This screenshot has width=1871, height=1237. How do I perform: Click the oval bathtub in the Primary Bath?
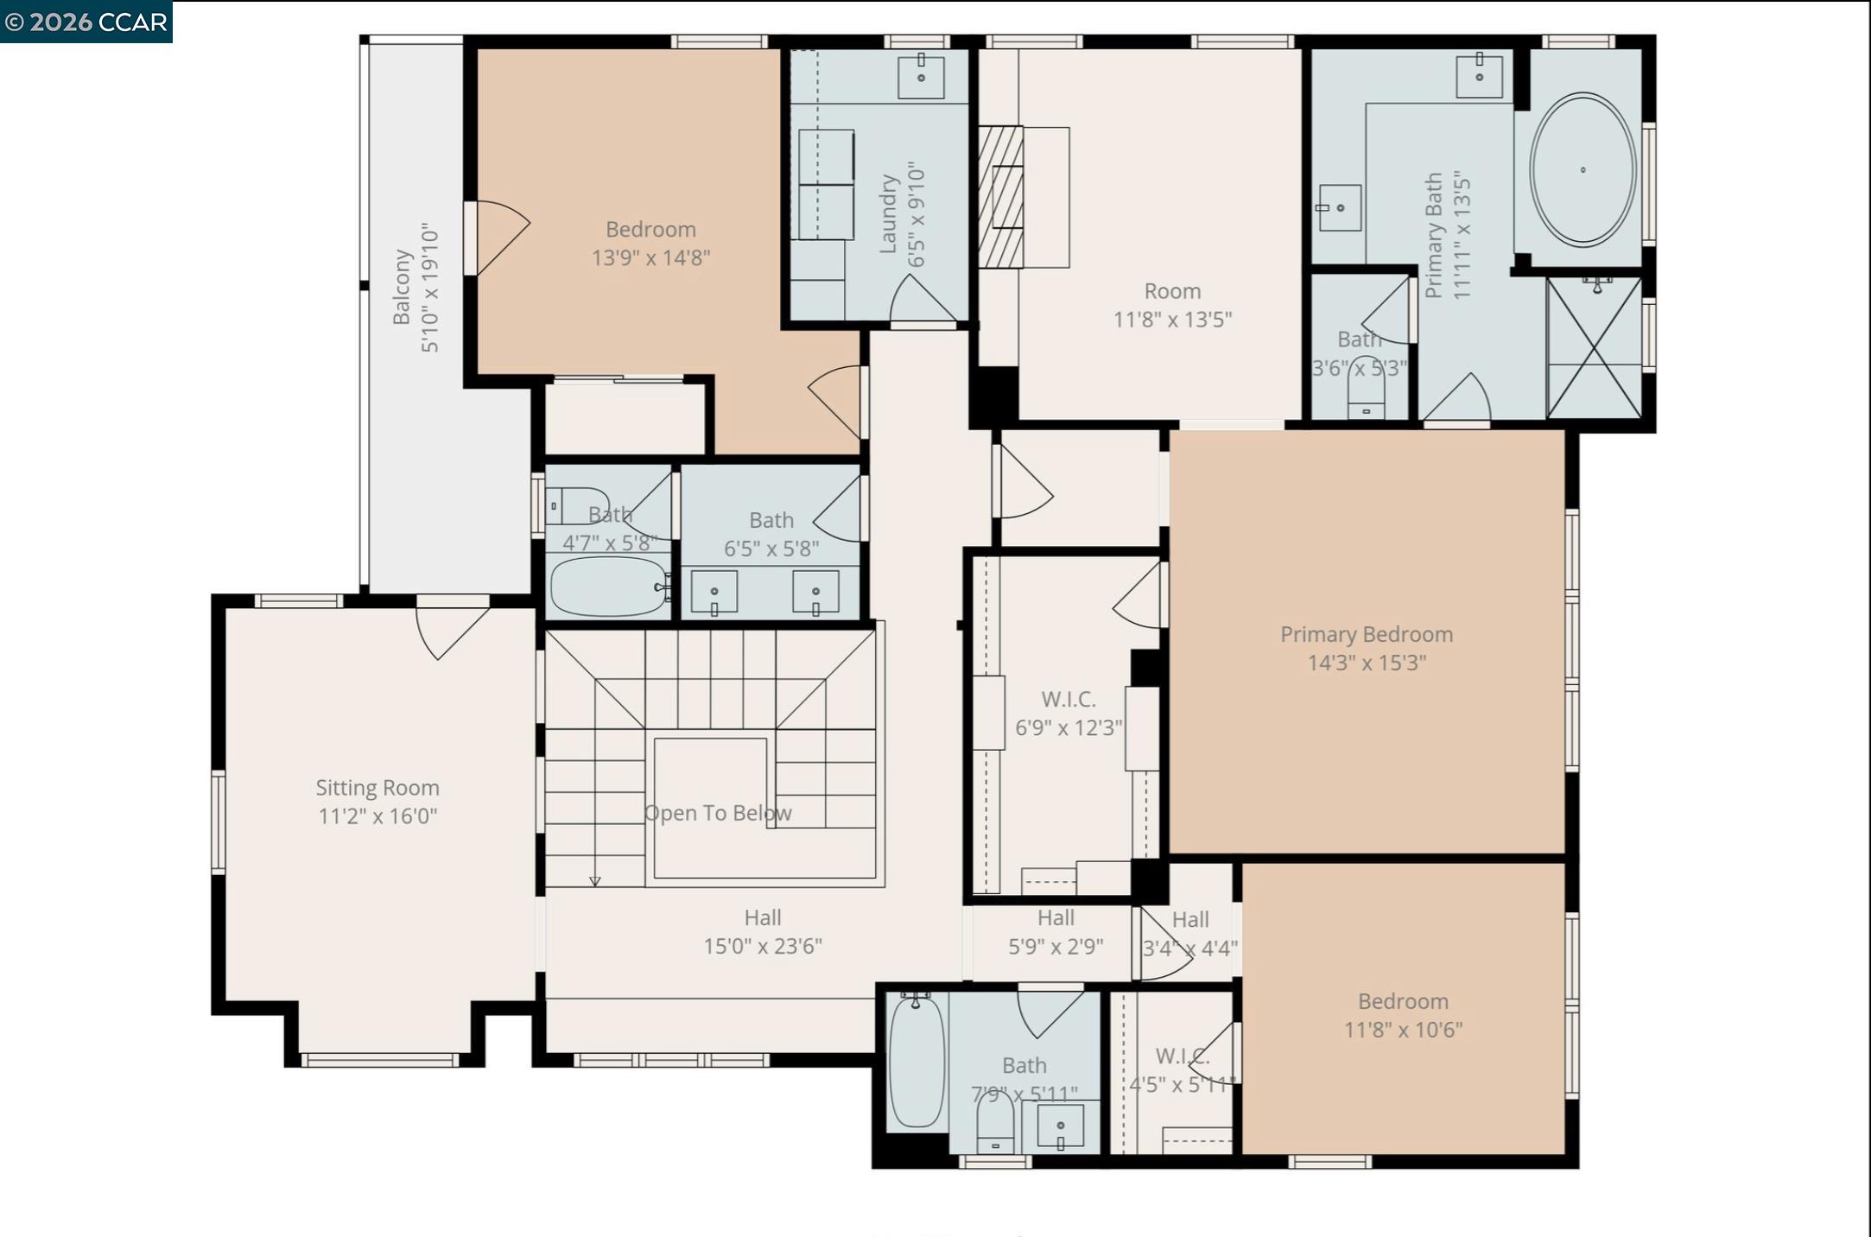(x=1582, y=170)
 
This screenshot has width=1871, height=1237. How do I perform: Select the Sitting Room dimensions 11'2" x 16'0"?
(x=377, y=816)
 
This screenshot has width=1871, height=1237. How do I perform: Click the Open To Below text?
(x=717, y=813)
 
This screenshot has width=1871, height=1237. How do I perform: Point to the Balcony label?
(x=402, y=288)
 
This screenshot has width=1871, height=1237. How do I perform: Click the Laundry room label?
(x=888, y=214)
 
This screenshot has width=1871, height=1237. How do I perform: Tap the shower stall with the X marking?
(x=1594, y=347)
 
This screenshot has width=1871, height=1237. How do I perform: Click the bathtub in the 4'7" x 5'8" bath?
(x=607, y=587)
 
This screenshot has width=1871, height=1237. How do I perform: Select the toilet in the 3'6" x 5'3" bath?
(x=1366, y=399)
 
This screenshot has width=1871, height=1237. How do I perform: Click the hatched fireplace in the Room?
(x=1000, y=197)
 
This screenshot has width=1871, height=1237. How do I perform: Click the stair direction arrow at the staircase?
(x=594, y=881)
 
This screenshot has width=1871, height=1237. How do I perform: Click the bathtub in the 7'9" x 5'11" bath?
(x=916, y=1062)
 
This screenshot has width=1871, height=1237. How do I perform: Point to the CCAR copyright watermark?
(x=86, y=22)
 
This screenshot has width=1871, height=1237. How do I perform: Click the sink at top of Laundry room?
(x=921, y=77)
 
